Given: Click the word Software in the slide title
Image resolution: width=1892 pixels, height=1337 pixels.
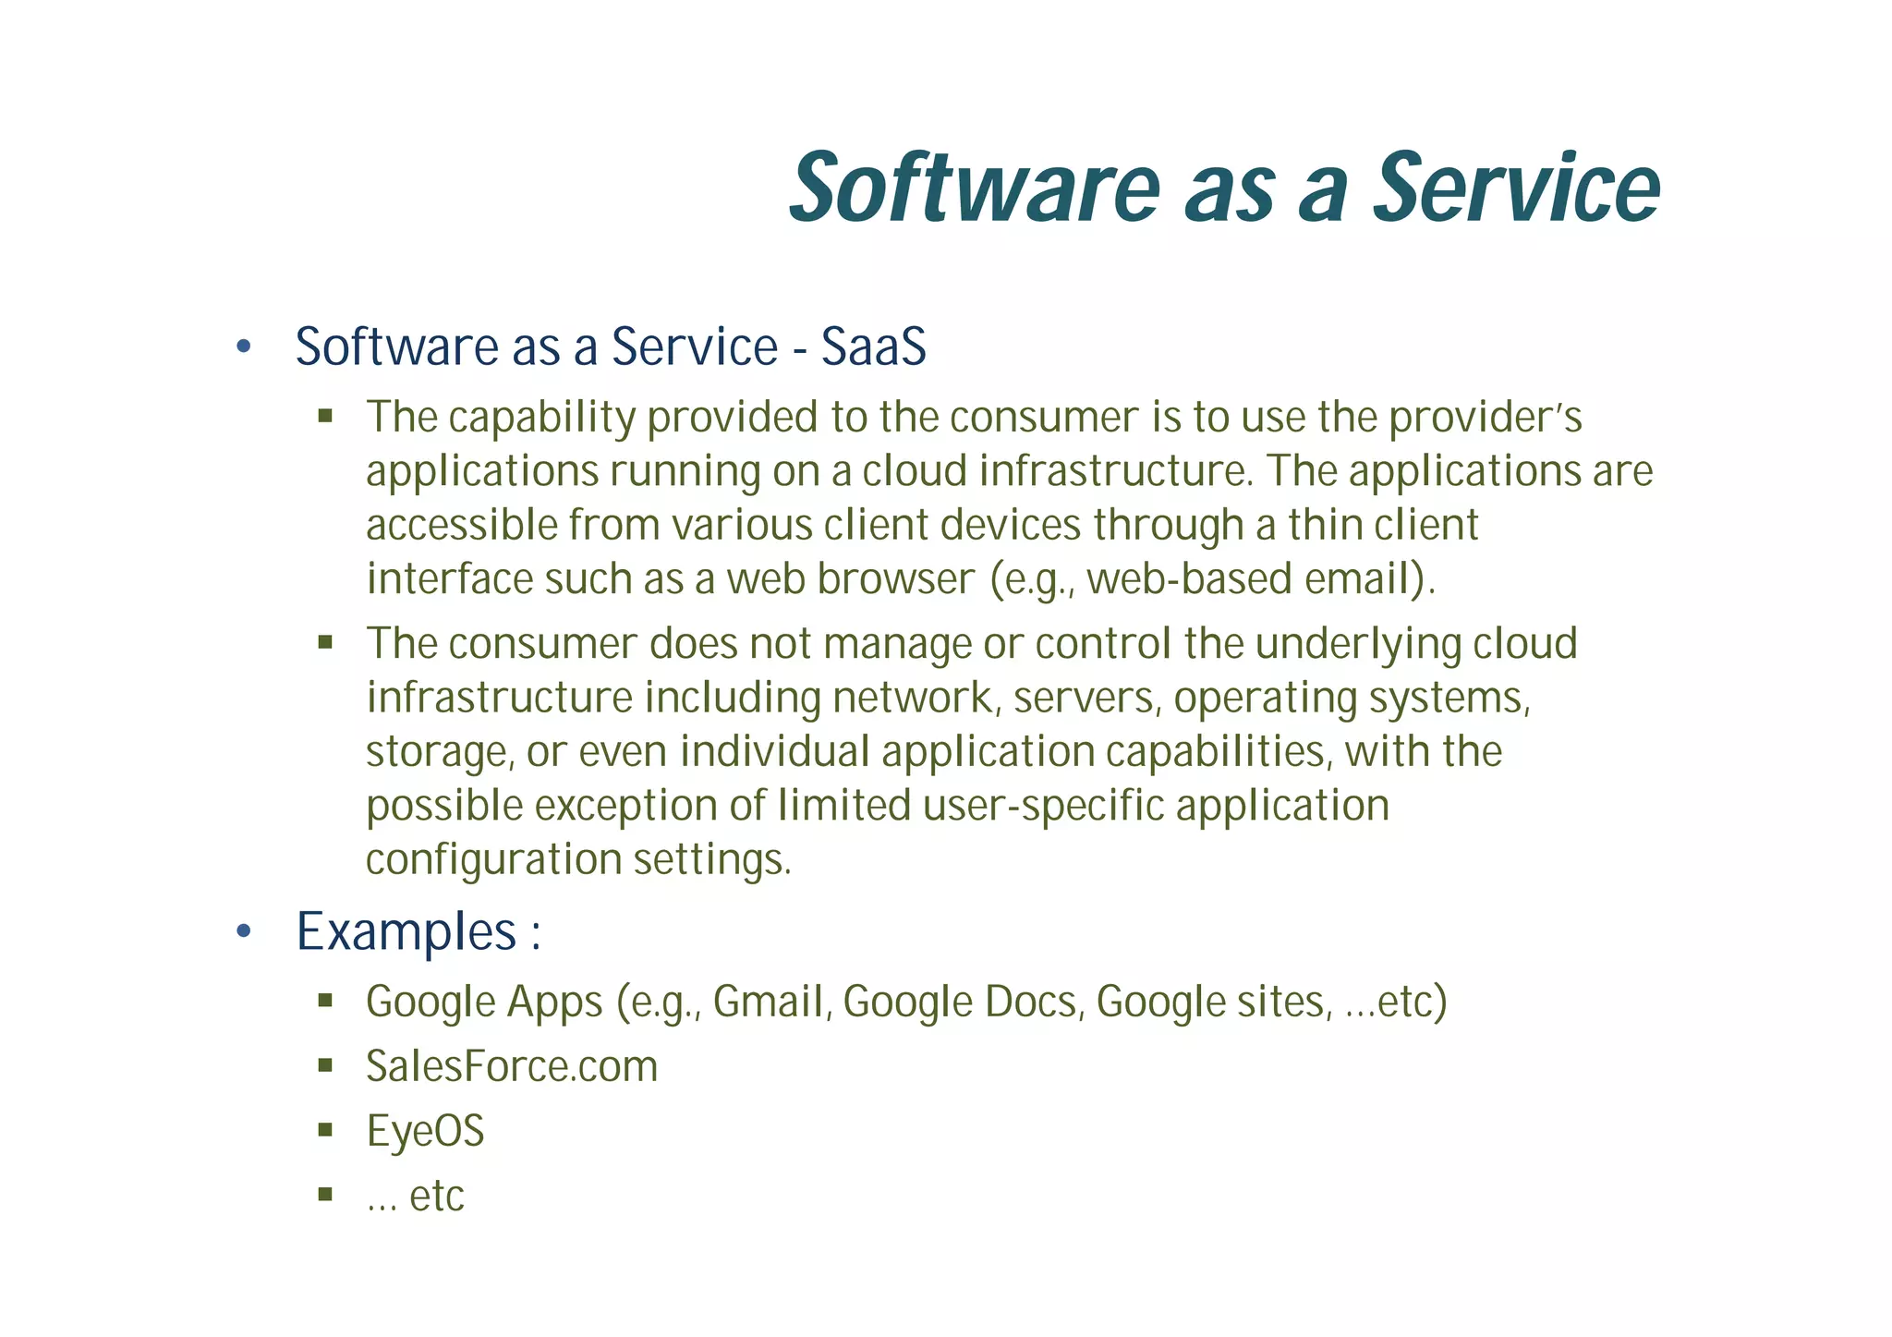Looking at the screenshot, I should [x=974, y=189].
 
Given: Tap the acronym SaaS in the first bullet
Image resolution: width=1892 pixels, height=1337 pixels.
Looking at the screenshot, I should [x=873, y=347].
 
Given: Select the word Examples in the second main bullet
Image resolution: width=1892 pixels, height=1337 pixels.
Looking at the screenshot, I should [x=406, y=931].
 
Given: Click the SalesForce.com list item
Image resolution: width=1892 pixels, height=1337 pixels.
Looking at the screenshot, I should [x=511, y=1066].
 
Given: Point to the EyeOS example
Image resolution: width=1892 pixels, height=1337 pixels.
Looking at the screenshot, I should [x=425, y=1131].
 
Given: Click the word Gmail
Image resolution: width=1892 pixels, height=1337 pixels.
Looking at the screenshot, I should [x=769, y=1003].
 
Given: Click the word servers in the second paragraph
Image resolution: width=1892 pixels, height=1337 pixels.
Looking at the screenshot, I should [x=1085, y=698].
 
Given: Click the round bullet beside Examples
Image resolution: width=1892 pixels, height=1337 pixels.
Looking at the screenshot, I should [x=243, y=931].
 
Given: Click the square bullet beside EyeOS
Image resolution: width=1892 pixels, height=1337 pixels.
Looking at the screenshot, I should [x=324, y=1130].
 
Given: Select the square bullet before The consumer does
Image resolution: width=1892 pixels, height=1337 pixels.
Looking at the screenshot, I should [x=324, y=642].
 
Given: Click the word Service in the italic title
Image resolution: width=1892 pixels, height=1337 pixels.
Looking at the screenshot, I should [x=1515, y=189].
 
